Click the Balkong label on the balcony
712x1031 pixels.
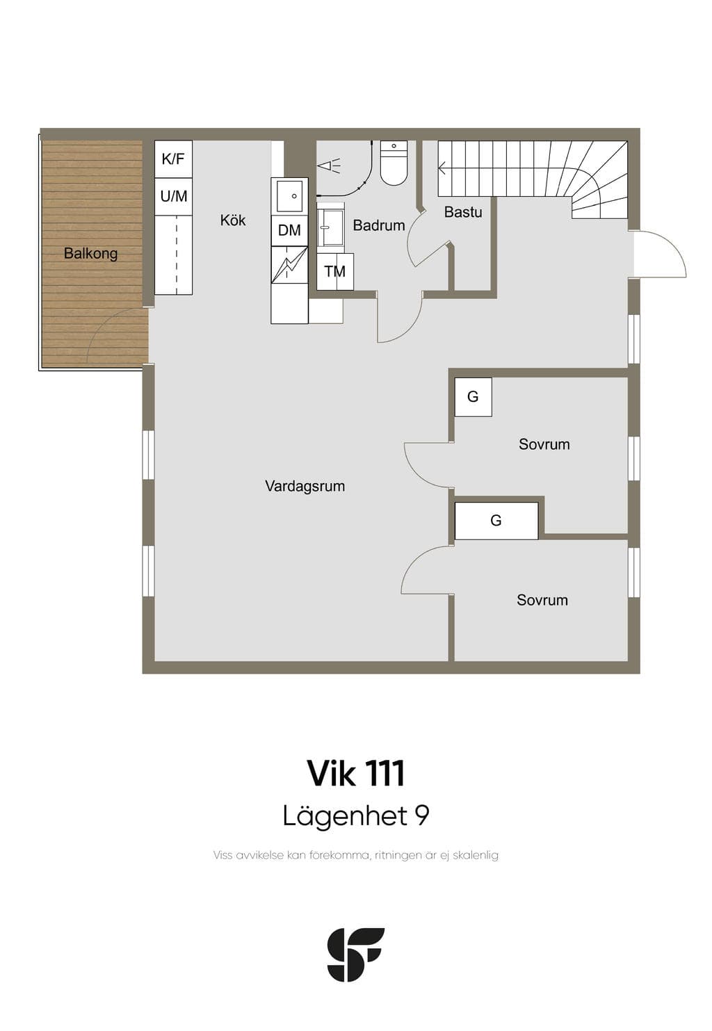point(90,253)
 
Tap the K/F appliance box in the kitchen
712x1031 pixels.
point(173,159)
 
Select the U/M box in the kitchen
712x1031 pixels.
point(173,197)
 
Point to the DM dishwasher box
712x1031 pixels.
point(289,230)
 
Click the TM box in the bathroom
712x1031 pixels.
point(335,272)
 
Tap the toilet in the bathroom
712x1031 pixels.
point(394,163)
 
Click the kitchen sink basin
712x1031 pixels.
point(289,196)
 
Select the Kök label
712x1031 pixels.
point(233,220)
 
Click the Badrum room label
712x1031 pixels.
point(379,225)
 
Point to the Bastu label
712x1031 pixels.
point(463,212)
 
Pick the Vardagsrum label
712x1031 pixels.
point(305,486)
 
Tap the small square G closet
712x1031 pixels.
point(473,397)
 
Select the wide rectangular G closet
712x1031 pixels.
point(496,521)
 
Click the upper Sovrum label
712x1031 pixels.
point(544,444)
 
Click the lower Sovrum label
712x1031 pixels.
point(542,600)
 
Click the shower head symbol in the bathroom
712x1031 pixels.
point(329,165)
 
